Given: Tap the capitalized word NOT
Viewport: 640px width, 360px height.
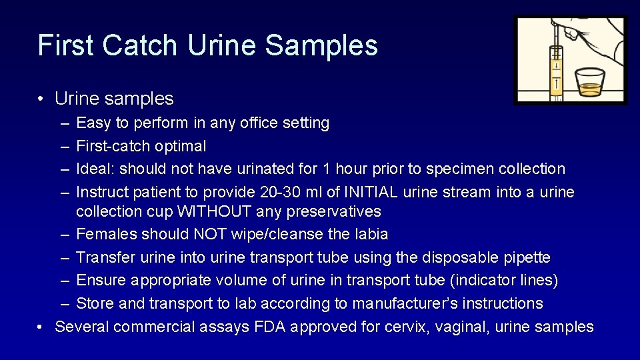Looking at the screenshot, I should tap(209, 235).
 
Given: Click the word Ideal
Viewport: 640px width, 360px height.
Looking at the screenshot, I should tap(95, 169).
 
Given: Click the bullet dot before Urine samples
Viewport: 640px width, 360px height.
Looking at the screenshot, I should tap(41, 99).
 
